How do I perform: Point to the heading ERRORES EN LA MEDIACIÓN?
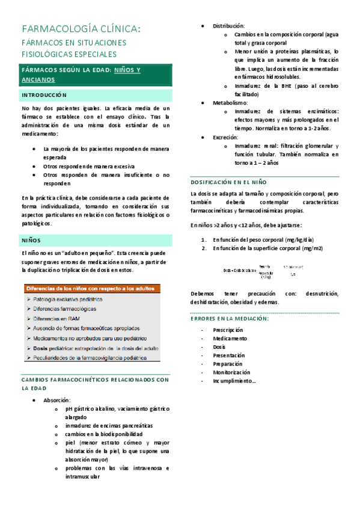click(x=230, y=318)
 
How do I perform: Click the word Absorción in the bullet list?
click(x=56, y=400)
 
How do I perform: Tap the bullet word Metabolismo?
click(x=230, y=103)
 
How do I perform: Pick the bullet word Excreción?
click(x=227, y=137)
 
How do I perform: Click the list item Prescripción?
click(x=228, y=330)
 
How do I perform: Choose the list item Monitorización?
click(x=231, y=372)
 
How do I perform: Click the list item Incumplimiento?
click(x=234, y=381)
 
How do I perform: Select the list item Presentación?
click(x=229, y=355)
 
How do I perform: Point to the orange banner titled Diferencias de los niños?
click(x=90, y=289)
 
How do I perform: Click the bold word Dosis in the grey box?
click(x=40, y=348)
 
